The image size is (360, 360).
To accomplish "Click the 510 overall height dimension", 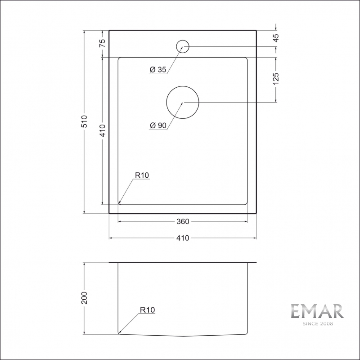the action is point(84,121).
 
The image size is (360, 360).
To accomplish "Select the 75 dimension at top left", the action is point(103,43).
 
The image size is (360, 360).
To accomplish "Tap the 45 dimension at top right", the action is point(276,38).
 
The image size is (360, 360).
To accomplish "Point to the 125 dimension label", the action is point(276,78).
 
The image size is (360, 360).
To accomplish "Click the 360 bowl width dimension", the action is point(183,221).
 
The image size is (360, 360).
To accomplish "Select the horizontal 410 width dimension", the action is point(183,238).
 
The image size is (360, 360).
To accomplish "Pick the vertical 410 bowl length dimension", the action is point(103,130).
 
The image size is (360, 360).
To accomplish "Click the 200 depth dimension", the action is point(84,298).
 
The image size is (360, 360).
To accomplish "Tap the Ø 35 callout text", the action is point(158,69).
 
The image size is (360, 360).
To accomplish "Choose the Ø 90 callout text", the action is point(158,126).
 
